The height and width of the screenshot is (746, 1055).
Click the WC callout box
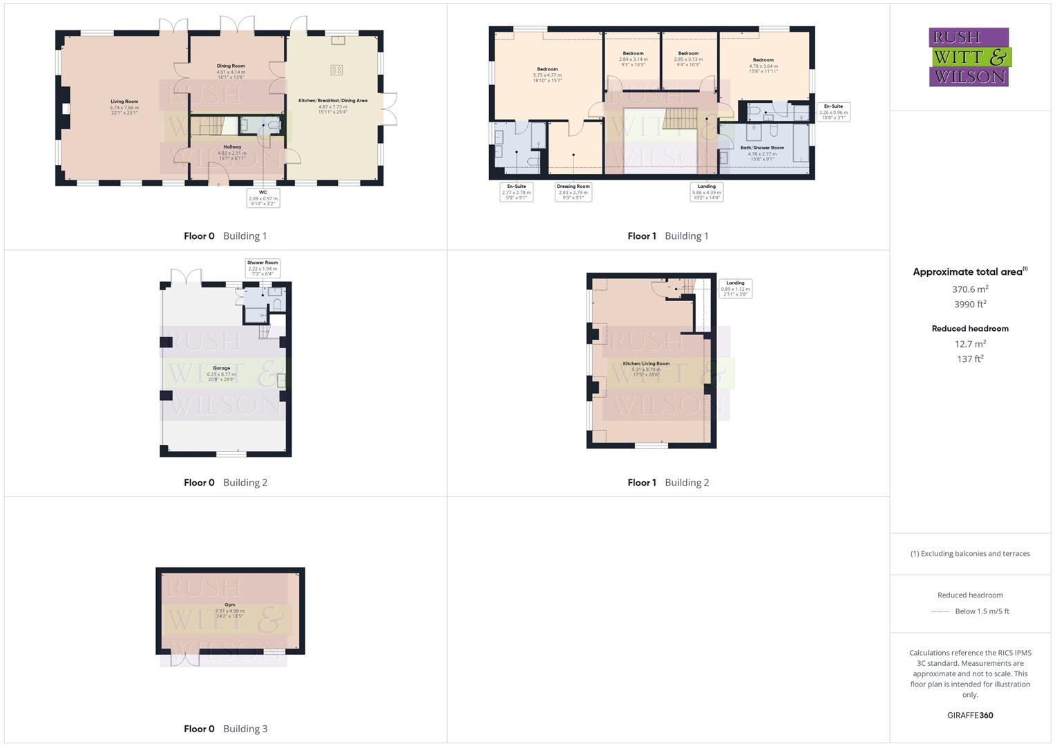tap(263, 198)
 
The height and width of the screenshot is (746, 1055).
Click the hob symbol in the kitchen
tap(336, 70)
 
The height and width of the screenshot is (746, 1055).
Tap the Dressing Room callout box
tap(573, 191)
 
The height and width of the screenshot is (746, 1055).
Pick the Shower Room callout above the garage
tap(263, 268)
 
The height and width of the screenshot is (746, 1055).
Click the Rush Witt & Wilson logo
tap(969, 57)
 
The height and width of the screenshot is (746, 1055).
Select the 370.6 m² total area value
tap(970, 289)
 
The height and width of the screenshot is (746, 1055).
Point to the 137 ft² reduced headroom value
tap(970, 359)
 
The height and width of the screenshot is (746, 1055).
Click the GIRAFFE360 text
tap(970, 716)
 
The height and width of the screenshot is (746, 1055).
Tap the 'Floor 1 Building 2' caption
tap(668, 483)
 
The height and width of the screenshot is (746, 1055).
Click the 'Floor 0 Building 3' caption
tap(225, 729)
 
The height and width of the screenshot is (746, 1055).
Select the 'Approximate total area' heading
tap(970, 272)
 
